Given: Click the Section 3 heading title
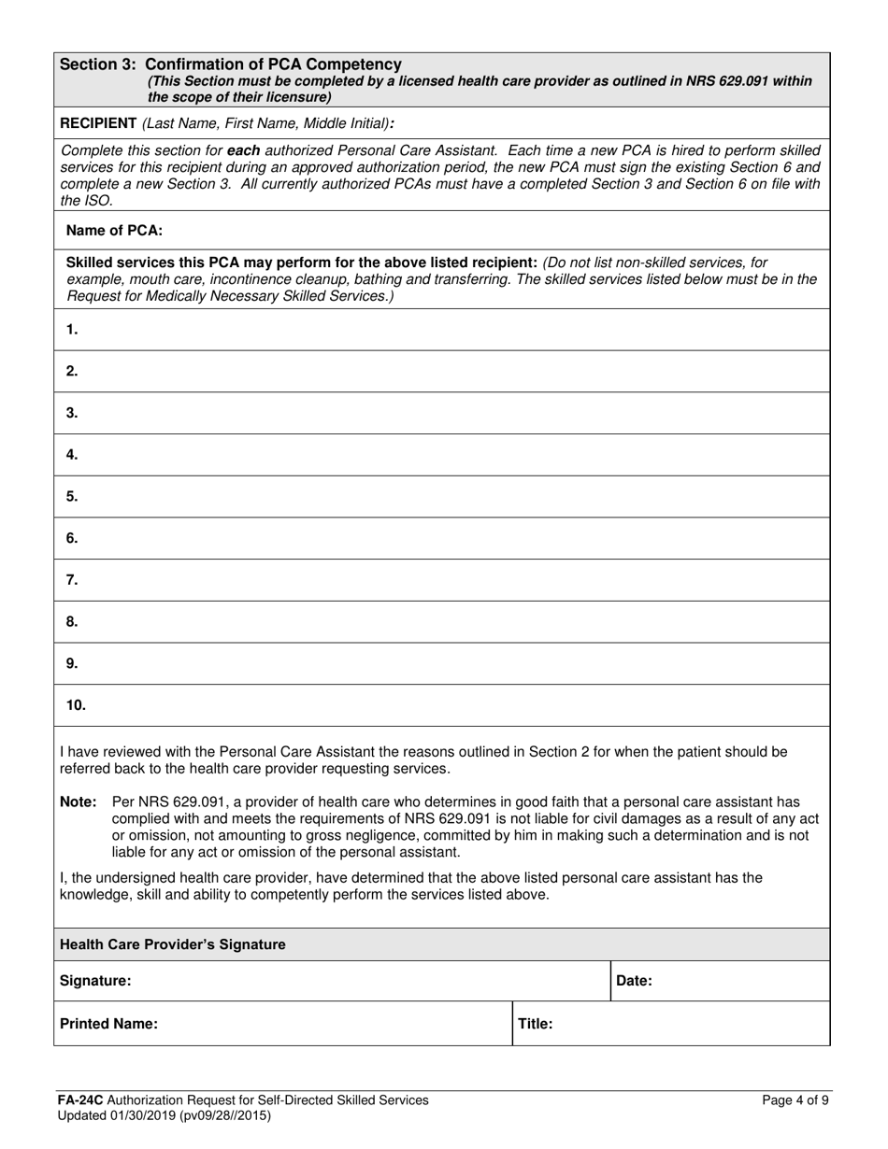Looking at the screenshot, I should pos(231,64).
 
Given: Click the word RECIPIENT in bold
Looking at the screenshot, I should pos(98,123).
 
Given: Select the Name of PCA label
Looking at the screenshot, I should pos(114,230).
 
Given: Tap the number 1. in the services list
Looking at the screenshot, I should pos(72,330).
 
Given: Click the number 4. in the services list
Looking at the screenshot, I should pos(72,455).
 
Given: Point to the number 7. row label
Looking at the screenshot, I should pos(72,580).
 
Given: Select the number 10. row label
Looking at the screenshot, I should pos(76,705).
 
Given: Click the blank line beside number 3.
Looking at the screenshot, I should pos(449,413).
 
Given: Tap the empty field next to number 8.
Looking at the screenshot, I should pos(449,622).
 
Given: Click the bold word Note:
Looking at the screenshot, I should pos(79,801).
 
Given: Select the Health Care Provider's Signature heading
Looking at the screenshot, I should pos(173,944).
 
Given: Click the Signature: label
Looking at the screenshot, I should pos(95,981).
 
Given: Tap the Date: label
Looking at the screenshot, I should pos(635,981).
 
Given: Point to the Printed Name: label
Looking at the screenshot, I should pos(108,1024).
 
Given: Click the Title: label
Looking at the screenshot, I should pos(536,1024).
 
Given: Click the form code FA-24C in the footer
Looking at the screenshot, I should pos(77,1100).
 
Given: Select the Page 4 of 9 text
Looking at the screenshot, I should pos(795,1100).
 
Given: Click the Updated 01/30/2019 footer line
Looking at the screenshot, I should pos(164,1115).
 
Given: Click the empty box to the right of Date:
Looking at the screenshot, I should pos(738,981).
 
